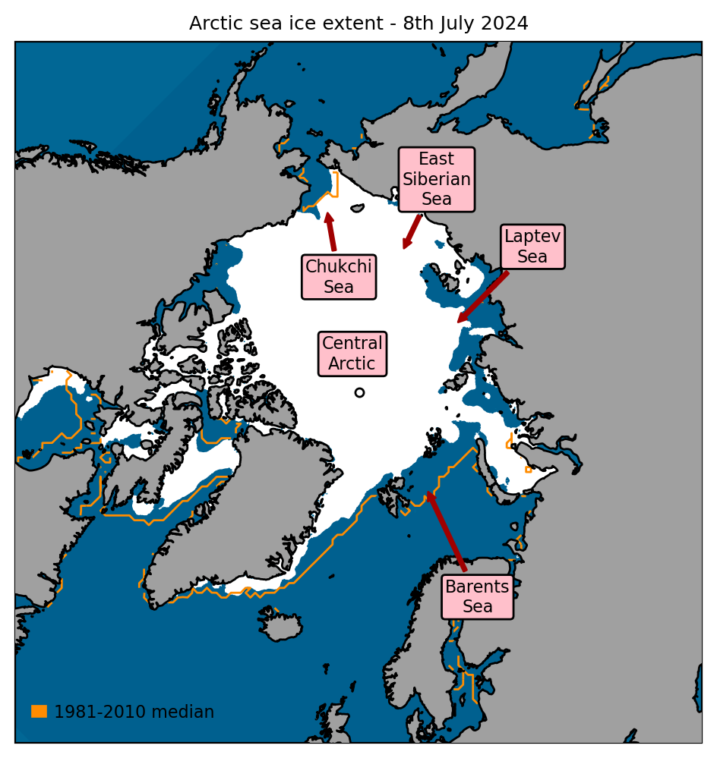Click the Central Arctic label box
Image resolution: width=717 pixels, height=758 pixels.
point(352,354)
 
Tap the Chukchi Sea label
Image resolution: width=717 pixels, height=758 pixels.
point(339,277)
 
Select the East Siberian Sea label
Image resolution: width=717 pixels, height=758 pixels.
point(437,179)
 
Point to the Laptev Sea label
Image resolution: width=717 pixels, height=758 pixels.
point(532,247)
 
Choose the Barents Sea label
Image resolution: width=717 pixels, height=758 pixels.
point(478,596)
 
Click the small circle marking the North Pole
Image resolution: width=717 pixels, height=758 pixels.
point(359,392)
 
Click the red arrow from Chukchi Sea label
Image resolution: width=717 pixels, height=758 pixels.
point(330,231)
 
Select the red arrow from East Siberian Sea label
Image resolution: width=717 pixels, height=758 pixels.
point(412,231)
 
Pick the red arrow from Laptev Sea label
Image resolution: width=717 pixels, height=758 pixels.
point(483,297)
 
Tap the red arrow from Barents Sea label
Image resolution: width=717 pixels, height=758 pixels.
point(447,531)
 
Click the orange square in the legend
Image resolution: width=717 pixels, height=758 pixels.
point(39,711)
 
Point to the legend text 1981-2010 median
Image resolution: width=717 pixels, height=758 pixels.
point(134,712)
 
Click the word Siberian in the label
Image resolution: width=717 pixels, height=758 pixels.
point(437,179)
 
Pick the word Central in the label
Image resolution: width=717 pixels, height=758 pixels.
point(352,344)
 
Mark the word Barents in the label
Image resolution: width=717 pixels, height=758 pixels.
point(478,587)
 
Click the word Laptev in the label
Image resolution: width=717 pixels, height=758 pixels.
point(532,237)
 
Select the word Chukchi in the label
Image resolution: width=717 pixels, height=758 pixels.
point(339,267)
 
